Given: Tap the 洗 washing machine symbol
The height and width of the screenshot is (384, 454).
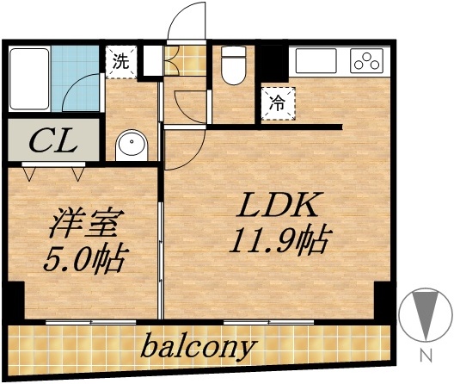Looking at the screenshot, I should pos(120,61).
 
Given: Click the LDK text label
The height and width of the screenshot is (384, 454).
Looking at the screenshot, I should pos(279,207).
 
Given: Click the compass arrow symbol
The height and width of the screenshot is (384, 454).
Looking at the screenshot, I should pos(424,314).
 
